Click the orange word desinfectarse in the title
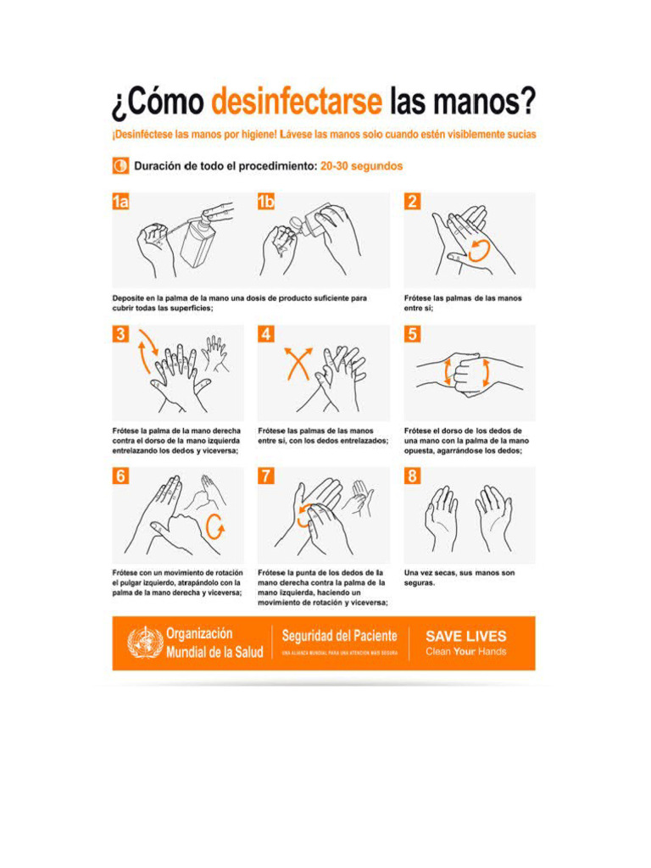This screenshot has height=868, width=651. [x=296, y=103]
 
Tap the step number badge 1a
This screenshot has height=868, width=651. [x=121, y=202]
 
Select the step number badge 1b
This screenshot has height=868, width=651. [x=266, y=202]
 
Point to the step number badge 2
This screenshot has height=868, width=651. [x=412, y=202]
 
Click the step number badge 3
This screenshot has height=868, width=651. [x=121, y=335]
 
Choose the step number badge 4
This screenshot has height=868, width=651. [x=266, y=335]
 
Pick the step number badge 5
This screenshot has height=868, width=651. [x=412, y=335]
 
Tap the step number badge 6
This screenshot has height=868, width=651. [x=121, y=476]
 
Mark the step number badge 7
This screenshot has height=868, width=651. [x=266, y=476]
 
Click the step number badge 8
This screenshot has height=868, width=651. [x=412, y=476]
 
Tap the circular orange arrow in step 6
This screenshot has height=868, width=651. [x=216, y=526]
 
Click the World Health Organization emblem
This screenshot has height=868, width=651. [x=144, y=643]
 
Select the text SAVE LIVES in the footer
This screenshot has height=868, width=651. [x=465, y=636]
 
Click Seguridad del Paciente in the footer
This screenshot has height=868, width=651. [x=339, y=636]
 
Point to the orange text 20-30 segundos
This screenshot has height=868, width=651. [x=361, y=166]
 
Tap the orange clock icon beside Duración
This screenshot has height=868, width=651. [x=120, y=166]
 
